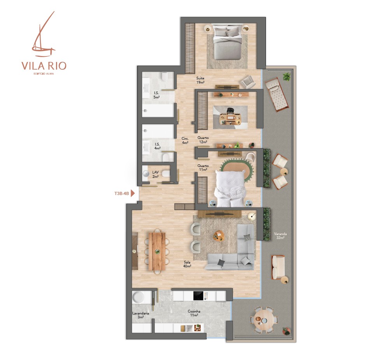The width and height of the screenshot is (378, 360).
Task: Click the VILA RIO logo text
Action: pos(44,65)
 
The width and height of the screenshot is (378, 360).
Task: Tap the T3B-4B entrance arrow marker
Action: pos(133,193)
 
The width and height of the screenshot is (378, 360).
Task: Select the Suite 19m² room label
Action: pos(200,80)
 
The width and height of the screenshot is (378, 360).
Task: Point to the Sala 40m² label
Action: pos(187,264)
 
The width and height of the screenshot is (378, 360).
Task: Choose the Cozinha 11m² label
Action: pos(194,313)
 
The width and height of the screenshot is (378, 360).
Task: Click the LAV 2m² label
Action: pos(156,174)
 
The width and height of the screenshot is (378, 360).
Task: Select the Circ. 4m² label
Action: pos(185,140)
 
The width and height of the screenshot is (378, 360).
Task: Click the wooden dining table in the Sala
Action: pos(157,251)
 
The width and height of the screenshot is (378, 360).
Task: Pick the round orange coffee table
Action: pos(219,236)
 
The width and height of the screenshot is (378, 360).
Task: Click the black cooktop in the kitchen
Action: pos(199,296)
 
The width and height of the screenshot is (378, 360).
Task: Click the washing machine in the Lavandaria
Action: pos(138,297)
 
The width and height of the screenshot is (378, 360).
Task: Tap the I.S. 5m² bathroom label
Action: pos(156,95)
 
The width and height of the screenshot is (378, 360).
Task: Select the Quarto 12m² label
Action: pos(203,140)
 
